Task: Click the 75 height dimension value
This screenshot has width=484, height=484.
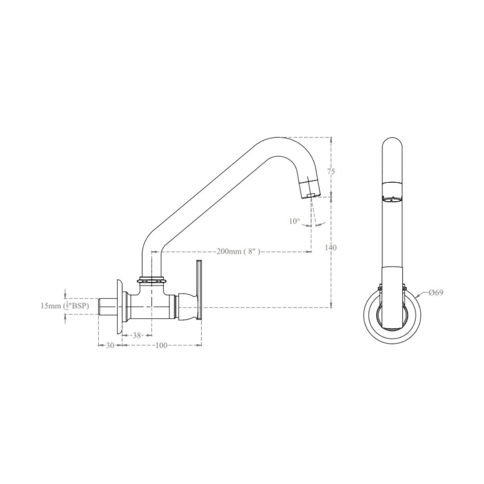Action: click(x=331, y=171)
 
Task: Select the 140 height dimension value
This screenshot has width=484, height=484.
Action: click(x=331, y=247)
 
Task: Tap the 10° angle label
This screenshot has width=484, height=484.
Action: click(x=294, y=221)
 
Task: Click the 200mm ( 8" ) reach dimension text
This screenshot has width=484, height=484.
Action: click(x=238, y=252)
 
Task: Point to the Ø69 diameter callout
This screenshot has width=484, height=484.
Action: click(x=436, y=293)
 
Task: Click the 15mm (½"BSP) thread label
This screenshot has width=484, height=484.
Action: click(x=69, y=306)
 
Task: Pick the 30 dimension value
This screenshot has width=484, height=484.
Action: click(x=110, y=345)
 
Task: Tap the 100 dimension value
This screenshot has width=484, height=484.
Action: click(x=161, y=345)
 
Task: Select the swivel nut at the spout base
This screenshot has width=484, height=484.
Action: click(x=152, y=280)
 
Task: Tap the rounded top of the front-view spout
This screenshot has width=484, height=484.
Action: click(x=393, y=143)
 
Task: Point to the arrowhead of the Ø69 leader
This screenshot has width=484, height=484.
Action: click(x=417, y=297)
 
